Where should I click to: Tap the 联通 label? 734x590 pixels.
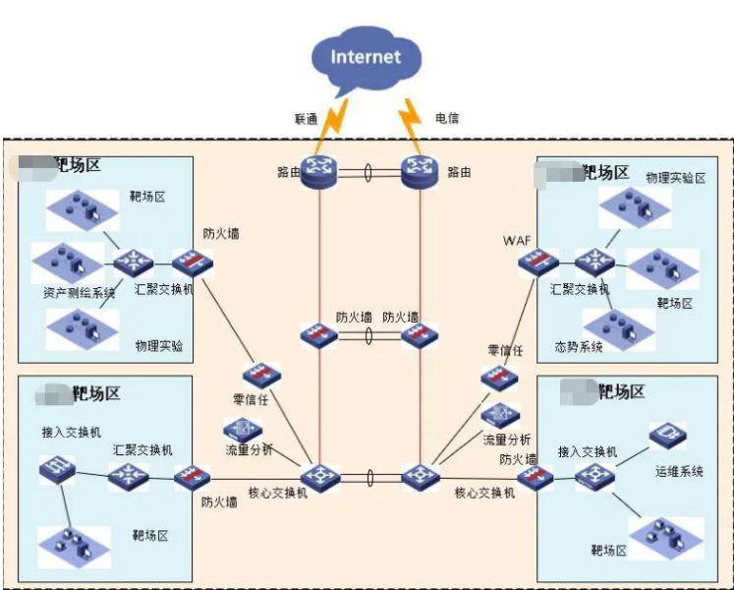pos(306,119)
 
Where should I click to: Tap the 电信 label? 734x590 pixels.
pos(447,119)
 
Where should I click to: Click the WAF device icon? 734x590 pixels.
pos(539,262)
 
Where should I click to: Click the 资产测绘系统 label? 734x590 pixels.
pos(79,292)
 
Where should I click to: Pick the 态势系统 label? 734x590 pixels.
pos(580,346)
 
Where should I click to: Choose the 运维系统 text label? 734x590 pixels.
pos(680,471)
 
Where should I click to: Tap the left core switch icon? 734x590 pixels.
pos(320,478)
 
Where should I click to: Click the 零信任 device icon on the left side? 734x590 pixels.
pos(262,375)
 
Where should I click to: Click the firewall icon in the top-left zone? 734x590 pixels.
pos(192,263)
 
